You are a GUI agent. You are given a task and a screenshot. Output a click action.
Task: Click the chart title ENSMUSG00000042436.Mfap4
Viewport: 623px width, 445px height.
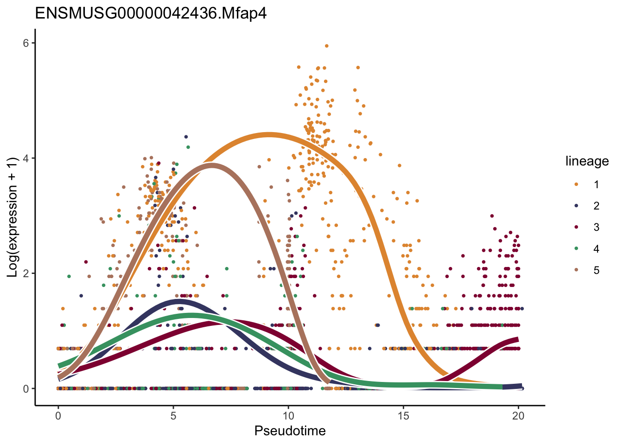[151, 13]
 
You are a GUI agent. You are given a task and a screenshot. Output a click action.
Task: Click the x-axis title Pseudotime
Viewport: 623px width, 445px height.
[290, 431]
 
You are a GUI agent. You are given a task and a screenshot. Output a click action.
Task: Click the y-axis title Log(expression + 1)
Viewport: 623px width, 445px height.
[13, 217]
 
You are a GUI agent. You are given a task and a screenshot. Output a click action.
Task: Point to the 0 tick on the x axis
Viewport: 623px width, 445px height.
[58, 416]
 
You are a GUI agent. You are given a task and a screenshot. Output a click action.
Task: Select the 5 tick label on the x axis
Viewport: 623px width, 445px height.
[173, 416]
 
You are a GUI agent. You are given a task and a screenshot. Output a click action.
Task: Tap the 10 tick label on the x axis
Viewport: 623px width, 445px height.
[288, 416]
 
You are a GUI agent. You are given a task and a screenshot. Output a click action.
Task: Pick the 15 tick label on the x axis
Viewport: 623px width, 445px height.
[403, 416]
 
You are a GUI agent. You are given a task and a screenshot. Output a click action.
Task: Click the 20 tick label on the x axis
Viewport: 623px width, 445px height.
[518, 416]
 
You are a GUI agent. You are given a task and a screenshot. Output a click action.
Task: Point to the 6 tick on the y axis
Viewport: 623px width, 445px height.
[26, 43]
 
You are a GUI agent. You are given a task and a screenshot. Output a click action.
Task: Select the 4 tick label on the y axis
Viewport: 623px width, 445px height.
[26, 158]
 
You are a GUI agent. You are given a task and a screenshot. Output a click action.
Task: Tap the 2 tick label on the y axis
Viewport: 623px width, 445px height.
[26, 273]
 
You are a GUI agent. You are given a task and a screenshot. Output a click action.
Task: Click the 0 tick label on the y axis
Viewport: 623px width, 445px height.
[26, 388]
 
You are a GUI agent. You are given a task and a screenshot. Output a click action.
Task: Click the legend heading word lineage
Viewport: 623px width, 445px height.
[587, 161]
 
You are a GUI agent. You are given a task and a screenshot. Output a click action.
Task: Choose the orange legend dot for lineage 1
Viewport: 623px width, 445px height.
[577, 184]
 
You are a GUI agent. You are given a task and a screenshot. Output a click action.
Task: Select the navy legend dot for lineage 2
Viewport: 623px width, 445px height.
[577, 206]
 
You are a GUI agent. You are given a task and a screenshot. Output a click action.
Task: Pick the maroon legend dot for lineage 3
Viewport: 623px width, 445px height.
[577, 227]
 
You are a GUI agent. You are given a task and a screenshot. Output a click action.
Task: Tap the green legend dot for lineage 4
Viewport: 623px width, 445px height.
[577, 249]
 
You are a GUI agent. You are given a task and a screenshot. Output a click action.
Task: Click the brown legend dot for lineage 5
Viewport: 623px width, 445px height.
[577, 270]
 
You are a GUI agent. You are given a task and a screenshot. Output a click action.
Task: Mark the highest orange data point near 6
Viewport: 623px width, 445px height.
[327, 46]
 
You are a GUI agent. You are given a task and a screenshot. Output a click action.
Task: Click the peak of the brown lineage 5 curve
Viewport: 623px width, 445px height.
[212, 165]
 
